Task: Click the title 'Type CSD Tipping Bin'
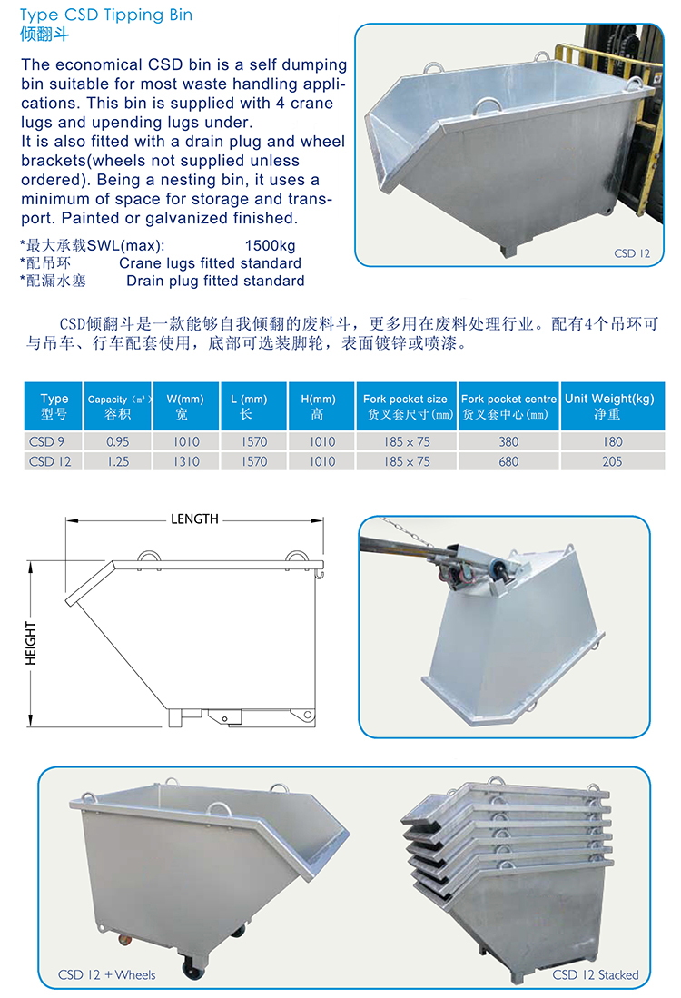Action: click(106, 15)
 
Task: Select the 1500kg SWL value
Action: click(270, 246)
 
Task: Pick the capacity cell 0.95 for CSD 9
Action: click(118, 441)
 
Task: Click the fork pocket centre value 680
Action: click(508, 461)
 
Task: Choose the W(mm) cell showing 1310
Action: click(186, 461)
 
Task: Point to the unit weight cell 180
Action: click(612, 441)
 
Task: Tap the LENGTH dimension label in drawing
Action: click(194, 519)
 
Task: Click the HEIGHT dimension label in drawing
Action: click(31, 644)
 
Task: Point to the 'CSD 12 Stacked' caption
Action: click(595, 974)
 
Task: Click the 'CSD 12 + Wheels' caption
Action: click(107, 974)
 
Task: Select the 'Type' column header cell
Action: click(54, 406)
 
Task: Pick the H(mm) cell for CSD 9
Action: click(322, 441)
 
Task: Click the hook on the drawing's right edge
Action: click(320, 575)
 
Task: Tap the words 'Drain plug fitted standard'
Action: click(215, 281)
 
